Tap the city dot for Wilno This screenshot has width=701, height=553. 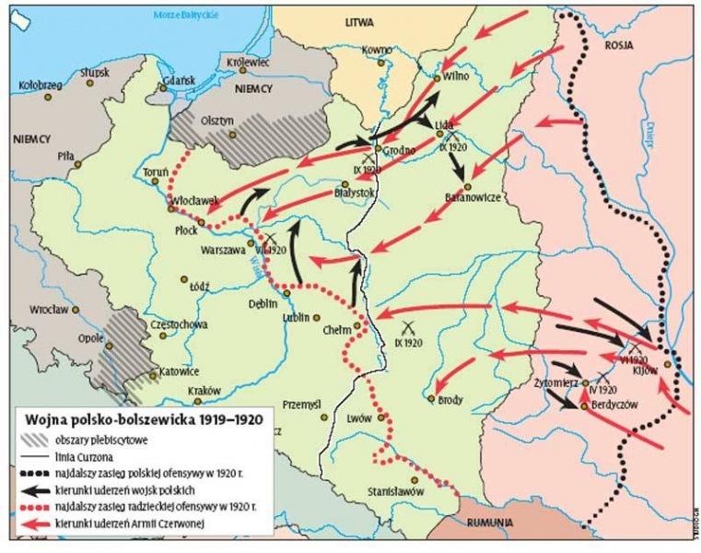click(438, 79)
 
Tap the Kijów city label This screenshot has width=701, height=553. click(645, 371)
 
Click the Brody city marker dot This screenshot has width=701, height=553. click(430, 398)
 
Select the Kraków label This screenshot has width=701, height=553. click(204, 390)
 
